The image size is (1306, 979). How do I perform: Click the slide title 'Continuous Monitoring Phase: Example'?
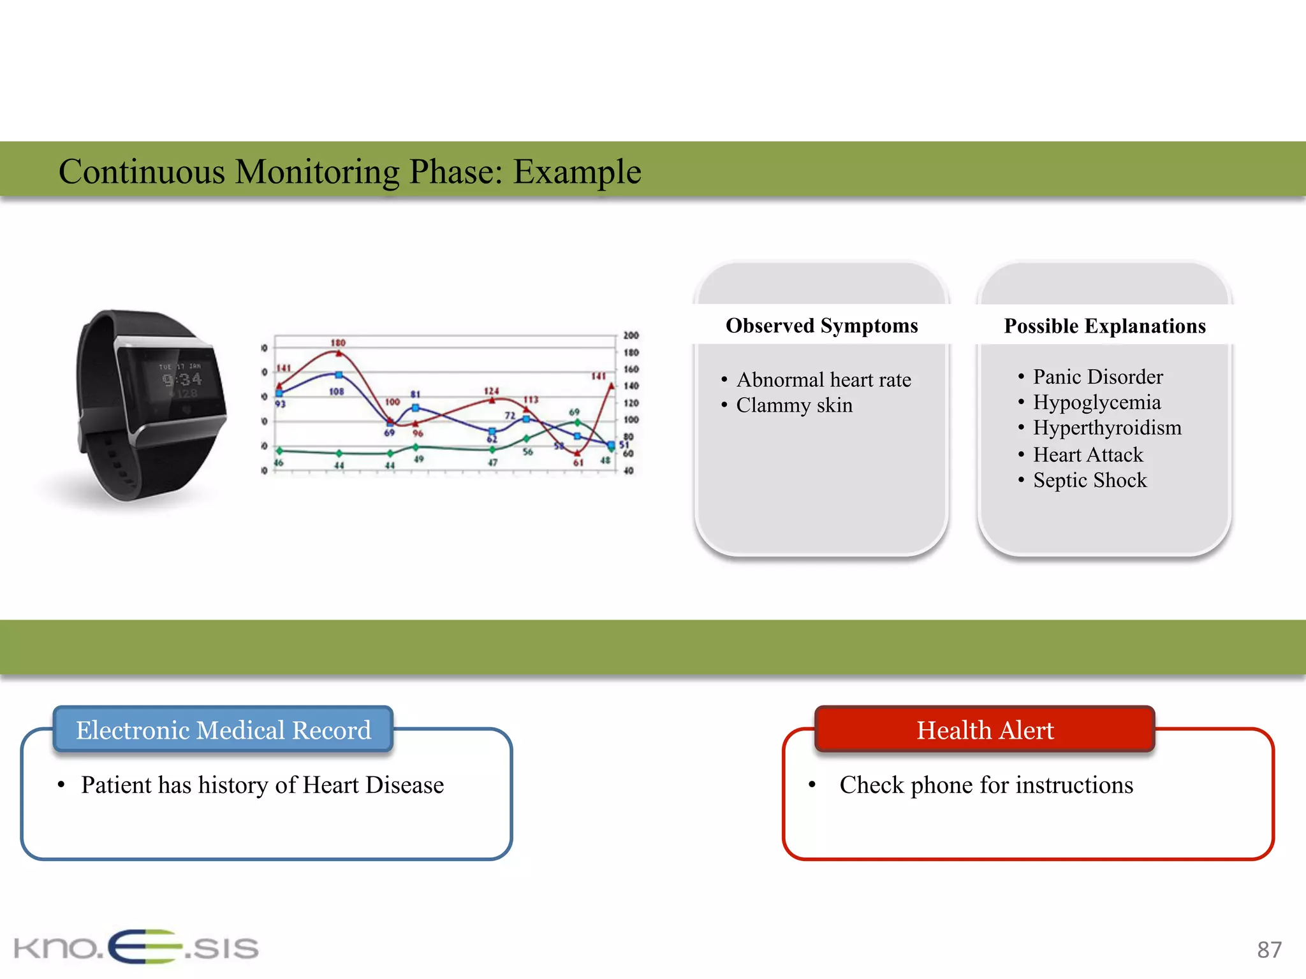(349, 171)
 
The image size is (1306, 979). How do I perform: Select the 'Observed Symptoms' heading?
(821, 326)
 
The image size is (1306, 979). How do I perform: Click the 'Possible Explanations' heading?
(1104, 326)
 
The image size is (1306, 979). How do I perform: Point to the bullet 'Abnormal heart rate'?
(823, 380)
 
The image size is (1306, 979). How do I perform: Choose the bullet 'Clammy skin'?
(794, 405)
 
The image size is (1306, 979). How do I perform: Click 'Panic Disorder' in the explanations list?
(1097, 377)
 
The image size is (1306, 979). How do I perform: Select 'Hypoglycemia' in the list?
(1096, 402)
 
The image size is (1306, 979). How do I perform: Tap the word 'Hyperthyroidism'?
(1107, 428)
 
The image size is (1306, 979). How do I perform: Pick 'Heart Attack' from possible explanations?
(1088, 454)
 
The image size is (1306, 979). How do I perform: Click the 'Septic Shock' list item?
(1090, 480)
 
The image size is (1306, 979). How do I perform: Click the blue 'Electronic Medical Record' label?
(223, 730)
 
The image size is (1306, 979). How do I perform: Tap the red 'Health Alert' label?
(985, 730)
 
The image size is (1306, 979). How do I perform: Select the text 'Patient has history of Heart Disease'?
(262, 785)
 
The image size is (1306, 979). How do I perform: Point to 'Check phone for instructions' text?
(986, 785)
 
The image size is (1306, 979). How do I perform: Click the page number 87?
(1268, 950)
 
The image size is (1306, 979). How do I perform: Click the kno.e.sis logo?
(136, 947)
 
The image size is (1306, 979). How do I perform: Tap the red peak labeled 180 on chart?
(339, 352)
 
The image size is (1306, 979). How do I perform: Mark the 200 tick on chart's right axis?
(631, 335)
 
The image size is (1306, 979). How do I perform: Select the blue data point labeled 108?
(339, 375)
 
